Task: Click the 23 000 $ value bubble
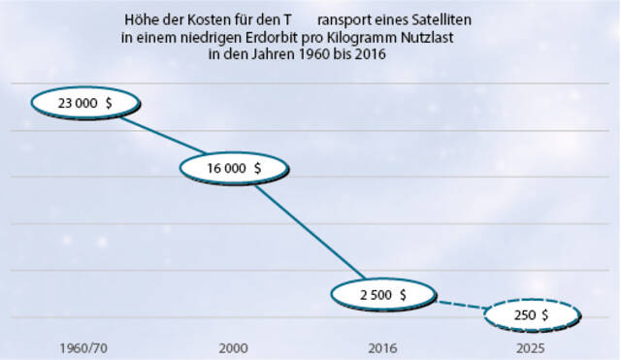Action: (86, 103)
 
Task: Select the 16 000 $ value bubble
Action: (234, 167)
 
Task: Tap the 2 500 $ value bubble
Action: (381, 293)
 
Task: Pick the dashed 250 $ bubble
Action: (531, 314)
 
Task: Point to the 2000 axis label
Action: (233, 346)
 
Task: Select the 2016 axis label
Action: (381, 346)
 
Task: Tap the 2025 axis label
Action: (531, 346)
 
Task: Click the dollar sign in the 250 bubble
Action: (545, 315)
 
